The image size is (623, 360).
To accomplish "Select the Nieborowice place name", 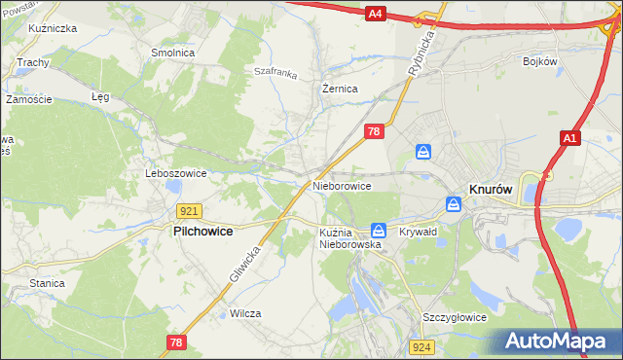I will coord(342,185).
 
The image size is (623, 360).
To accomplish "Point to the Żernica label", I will coord(341,89).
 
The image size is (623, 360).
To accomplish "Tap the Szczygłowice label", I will coord(454,318).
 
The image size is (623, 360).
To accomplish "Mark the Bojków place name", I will coord(538,61).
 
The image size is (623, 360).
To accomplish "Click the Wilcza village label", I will coord(246,313).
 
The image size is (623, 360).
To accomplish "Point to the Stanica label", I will coord(47,283).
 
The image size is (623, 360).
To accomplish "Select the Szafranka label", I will coord(274,71).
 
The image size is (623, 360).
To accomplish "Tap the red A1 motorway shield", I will coord(570,140).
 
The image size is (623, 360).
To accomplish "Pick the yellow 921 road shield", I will coord(190,211).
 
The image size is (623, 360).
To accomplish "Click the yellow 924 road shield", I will coord(421,346).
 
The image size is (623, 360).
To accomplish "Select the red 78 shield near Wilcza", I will coord(176,342).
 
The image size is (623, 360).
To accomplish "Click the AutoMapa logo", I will coord(555,342).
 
